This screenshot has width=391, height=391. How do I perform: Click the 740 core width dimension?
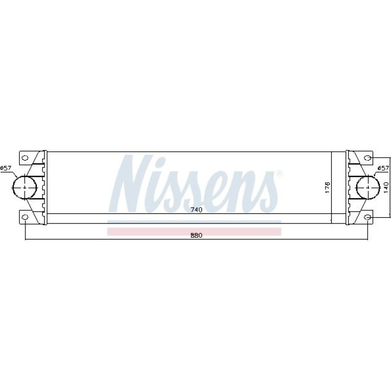(x=197, y=210)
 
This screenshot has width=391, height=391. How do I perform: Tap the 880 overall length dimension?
(x=197, y=235)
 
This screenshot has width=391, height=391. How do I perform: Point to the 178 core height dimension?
(x=328, y=187)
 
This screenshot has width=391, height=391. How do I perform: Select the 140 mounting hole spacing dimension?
(x=386, y=187)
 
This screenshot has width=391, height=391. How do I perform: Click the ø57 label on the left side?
(x=6, y=168)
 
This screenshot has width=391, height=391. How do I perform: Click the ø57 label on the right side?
(x=383, y=168)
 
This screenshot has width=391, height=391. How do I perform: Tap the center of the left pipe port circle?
(x=25, y=187)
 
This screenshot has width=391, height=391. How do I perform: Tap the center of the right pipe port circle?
(x=368, y=187)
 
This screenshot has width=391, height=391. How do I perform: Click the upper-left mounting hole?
(x=25, y=158)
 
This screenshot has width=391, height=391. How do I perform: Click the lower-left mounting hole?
(x=25, y=217)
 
